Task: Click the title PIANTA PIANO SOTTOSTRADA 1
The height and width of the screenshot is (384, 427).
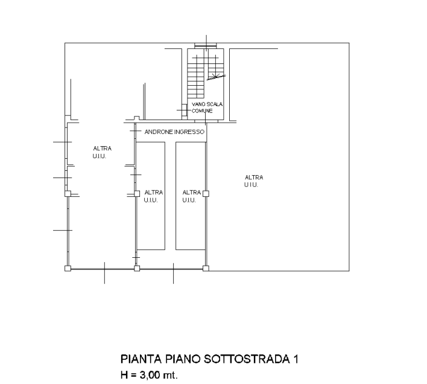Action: (x=209, y=359)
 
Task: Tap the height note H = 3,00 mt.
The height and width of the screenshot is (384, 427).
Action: (x=149, y=375)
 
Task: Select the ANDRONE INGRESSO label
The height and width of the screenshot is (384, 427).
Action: (x=174, y=132)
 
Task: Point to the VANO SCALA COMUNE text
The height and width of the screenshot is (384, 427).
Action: (x=207, y=107)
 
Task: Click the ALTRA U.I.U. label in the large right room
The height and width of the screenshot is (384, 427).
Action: (x=253, y=181)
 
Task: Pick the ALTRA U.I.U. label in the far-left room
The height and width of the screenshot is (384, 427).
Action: (x=102, y=152)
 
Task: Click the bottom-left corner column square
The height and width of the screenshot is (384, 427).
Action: (x=68, y=269)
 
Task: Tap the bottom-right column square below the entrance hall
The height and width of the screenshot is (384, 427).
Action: (x=206, y=269)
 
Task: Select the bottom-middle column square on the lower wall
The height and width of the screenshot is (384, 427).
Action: (x=137, y=269)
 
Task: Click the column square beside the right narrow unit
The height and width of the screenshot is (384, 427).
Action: (x=206, y=193)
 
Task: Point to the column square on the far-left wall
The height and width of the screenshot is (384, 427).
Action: (x=68, y=193)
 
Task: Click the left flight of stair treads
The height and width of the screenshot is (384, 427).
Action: (x=195, y=76)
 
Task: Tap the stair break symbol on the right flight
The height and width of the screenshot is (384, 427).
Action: (x=217, y=77)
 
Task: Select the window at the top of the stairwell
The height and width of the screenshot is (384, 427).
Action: (x=205, y=45)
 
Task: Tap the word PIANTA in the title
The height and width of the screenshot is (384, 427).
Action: (x=141, y=359)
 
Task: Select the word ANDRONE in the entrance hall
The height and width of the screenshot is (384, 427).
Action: (x=159, y=132)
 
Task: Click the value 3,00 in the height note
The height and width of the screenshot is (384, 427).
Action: (x=150, y=376)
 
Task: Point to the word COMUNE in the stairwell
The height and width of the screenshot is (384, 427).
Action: (x=202, y=111)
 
